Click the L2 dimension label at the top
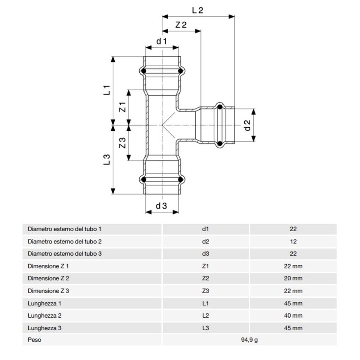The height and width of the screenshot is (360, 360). pos(198,11)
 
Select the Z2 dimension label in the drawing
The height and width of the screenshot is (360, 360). pos(181,25)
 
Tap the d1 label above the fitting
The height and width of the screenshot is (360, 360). pos(162,41)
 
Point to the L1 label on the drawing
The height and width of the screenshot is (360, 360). pos(107,90)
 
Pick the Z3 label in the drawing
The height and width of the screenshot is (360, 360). pos(122,143)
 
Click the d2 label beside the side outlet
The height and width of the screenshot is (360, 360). pos(248,125)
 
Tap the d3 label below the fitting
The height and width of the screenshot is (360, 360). pos(161,206)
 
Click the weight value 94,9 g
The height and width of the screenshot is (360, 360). pos(249,340)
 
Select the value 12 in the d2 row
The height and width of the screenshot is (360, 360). pos(293,241)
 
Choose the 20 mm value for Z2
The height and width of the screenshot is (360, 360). pos(293,278)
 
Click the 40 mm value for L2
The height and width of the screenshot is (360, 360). pos(293,316)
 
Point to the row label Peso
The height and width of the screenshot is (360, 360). pos(35,340)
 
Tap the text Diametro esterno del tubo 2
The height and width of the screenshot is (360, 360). pos(64,241)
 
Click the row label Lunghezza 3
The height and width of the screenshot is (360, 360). pos(45,328)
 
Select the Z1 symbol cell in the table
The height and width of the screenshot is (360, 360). pos(205,266)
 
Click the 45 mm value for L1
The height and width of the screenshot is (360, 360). pos(293,303)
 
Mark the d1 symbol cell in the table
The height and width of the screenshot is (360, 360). pos(205,229)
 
